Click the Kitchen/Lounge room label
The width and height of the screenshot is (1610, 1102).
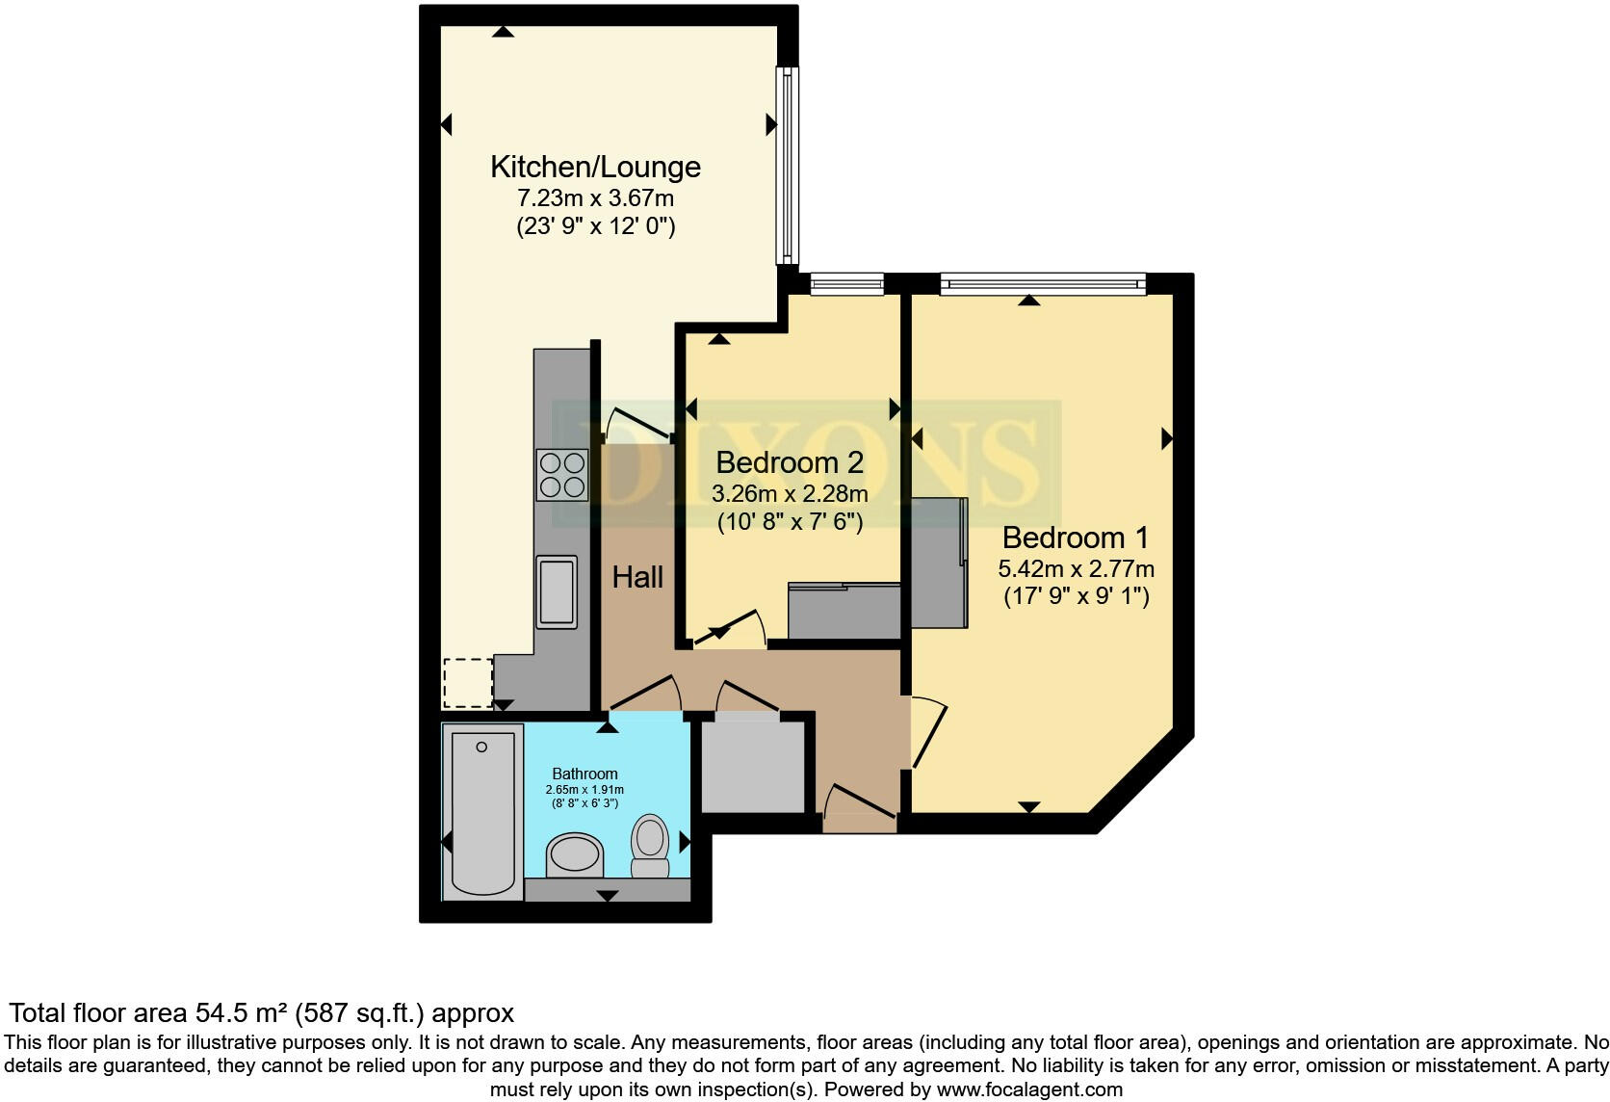pos(595,167)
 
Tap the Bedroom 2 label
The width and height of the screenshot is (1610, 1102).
pos(790,462)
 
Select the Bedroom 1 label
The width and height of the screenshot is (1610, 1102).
pos(1077,538)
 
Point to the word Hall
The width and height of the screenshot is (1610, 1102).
pos(637,577)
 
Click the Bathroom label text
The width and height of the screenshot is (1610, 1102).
pos(584,774)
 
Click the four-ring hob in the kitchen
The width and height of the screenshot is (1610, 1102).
pos(562,475)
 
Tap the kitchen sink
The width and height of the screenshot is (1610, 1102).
pos(557,591)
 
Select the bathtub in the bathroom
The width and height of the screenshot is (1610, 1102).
pos(482,811)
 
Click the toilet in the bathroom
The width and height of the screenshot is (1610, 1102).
pos(651,846)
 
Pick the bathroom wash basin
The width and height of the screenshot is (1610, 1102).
pos(574,854)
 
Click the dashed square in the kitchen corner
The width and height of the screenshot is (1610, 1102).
pos(467,682)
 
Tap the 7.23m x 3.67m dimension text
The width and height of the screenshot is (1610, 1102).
pos(595,198)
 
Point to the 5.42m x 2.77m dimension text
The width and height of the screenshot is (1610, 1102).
pos(1077,568)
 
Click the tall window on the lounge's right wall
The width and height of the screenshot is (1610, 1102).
pos(788,165)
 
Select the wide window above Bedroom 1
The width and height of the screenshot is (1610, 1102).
pos(1043,283)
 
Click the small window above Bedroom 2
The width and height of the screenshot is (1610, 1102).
pos(846,283)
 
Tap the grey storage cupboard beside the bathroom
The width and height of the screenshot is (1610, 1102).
pos(752,767)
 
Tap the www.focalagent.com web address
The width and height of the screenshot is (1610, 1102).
pos(1029,1089)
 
